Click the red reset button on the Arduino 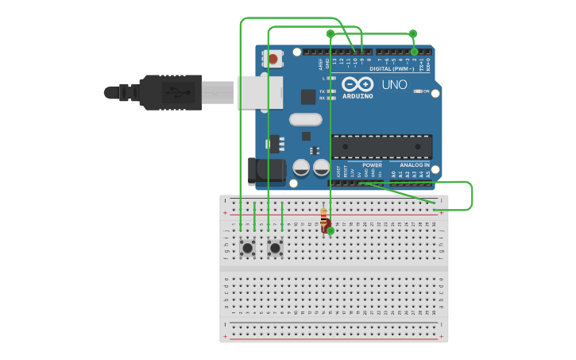pyautogui.click(x=273, y=59)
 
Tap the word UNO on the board pyautogui.click(x=394, y=84)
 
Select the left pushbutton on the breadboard pyautogui.click(x=247, y=248)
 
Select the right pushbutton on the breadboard pyautogui.click(x=275, y=248)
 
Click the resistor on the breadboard pyautogui.click(x=323, y=217)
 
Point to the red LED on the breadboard pyautogui.click(x=327, y=229)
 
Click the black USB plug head pyautogui.click(x=170, y=91)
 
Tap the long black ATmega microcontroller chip pyautogui.click(x=381, y=147)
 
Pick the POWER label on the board pyautogui.click(x=361, y=165)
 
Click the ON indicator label pyautogui.click(x=427, y=91)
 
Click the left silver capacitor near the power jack pyautogui.click(x=301, y=168)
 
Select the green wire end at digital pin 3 pyautogui.click(x=414, y=52)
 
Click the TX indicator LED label pyautogui.click(x=322, y=91)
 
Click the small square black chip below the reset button pyautogui.click(x=308, y=97)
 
